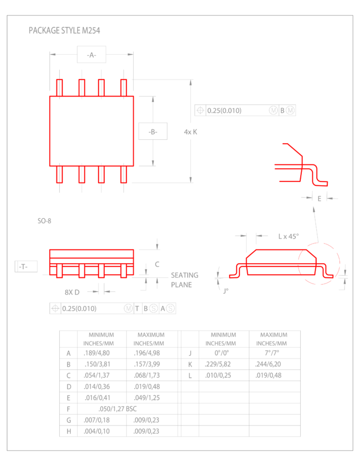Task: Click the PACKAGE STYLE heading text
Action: click(64, 31)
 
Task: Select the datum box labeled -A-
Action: click(91, 54)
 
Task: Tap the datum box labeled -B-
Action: click(152, 132)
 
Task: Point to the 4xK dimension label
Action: click(190, 132)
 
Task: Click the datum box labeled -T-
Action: click(25, 266)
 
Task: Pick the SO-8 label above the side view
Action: click(44, 221)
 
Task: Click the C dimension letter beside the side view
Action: click(157, 264)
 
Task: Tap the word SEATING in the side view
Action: click(184, 275)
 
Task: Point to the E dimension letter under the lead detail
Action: click(319, 198)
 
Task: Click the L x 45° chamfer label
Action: click(288, 236)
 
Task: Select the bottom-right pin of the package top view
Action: click(123, 174)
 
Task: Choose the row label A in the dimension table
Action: click(68, 353)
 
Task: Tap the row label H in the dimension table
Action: click(68, 431)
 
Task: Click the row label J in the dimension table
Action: click(189, 353)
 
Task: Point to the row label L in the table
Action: click(189, 375)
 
